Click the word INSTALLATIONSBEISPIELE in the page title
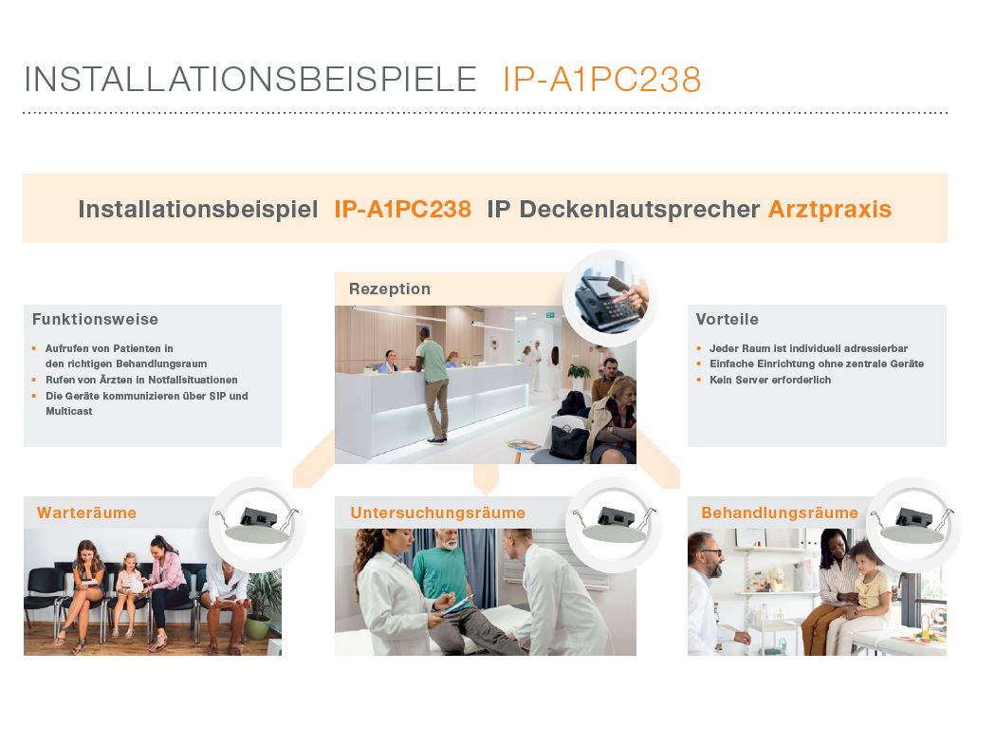pos(249,80)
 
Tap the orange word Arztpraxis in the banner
pos(829,210)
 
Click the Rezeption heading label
pos(389,289)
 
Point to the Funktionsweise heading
pos(95,320)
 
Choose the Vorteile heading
pos(727,320)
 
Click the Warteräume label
pos(86,513)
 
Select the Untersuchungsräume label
pos(437,513)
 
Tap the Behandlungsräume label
pos(779,513)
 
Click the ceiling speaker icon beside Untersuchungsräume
pos(613,525)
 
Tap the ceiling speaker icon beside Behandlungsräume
pos(913,525)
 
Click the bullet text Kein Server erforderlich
pos(770,380)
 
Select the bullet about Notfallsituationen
pos(141,380)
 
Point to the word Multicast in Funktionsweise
pos(69,412)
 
